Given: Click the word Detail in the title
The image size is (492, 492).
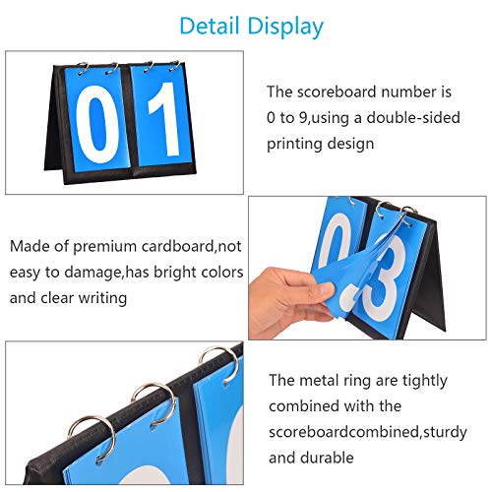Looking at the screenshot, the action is click(210, 26).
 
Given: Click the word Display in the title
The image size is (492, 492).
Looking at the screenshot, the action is click(285, 28).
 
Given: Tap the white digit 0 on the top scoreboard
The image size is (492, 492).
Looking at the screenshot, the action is click(97, 125).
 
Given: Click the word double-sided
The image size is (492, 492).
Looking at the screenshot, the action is click(413, 118).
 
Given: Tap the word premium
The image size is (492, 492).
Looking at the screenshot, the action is click(104, 246).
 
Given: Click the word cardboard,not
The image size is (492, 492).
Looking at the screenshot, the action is click(191, 246).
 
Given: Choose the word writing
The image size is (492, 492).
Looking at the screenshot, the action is click(102, 298).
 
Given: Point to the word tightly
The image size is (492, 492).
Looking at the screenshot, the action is click(425, 381).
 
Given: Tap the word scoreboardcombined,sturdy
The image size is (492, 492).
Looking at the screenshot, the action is click(368, 432).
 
